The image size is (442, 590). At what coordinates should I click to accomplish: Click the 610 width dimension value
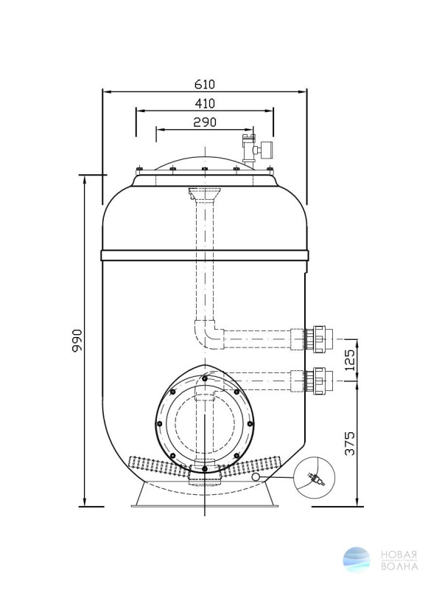point(205,84)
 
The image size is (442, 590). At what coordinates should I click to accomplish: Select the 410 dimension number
point(205,103)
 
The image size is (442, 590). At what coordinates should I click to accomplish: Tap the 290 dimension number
point(205,122)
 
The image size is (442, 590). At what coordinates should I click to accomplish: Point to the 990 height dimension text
point(77,341)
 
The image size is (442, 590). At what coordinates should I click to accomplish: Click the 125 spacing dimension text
point(349,360)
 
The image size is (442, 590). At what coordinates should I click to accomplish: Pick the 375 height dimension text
point(349,444)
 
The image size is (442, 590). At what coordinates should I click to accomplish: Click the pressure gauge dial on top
point(267,150)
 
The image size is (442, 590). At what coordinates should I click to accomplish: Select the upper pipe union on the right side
point(319,339)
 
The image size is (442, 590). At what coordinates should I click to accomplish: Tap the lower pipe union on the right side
point(319,381)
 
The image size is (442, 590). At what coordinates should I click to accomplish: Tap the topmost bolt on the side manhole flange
point(204,378)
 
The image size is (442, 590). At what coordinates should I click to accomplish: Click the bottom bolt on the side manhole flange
point(204,469)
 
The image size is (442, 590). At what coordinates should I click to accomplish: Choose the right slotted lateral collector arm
point(253,466)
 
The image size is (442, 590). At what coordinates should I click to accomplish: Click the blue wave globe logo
point(357,560)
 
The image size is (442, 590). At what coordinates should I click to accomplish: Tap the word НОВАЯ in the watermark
point(399,555)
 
